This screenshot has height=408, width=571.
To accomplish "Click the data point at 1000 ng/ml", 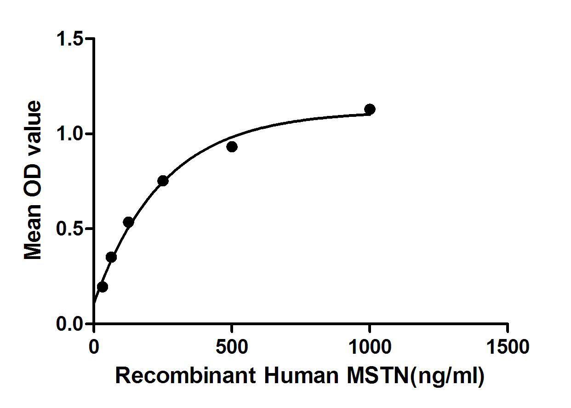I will [x=370, y=109].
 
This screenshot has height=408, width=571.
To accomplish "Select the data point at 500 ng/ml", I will [x=232, y=147].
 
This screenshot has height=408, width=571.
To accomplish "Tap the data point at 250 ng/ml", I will [x=163, y=181].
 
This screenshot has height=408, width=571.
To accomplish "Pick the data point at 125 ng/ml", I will [x=128, y=222].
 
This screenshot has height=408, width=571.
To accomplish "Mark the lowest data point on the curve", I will [x=103, y=287].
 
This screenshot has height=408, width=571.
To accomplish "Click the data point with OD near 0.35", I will [x=111, y=257].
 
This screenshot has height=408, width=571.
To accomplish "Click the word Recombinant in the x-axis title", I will [x=185, y=376].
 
